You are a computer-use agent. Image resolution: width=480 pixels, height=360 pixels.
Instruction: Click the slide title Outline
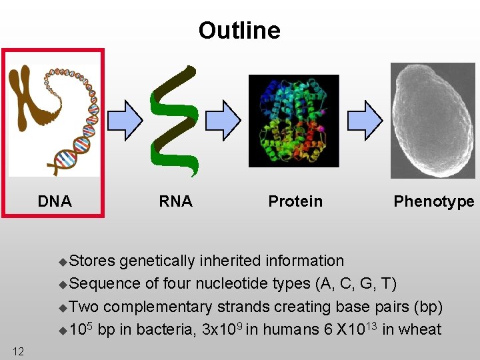pyautogui.click(x=239, y=31)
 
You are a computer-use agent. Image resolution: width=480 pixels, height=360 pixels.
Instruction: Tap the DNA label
pyautogui.click(x=55, y=201)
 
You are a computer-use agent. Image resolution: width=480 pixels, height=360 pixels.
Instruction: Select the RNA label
pyautogui.click(x=175, y=201)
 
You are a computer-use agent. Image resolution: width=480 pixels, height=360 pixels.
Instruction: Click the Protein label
pyautogui.click(x=295, y=201)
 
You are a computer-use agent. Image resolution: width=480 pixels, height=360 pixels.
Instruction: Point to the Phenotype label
pyautogui.click(x=433, y=201)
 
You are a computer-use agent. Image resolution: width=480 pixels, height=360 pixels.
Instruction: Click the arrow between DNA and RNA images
pyautogui.click(x=125, y=120)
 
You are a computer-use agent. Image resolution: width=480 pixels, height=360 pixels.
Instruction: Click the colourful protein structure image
pyautogui.click(x=293, y=121)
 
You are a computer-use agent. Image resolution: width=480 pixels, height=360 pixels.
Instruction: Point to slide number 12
pyautogui.click(x=18, y=351)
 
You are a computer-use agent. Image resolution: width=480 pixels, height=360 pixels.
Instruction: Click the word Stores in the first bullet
pyautogui.click(x=92, y=261)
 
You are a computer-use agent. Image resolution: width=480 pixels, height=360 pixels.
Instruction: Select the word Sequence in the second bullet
pyautogui.click(x=105, y=284)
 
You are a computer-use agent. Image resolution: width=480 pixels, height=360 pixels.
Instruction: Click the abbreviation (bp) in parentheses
pyautogui.click(x=427, y=307)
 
